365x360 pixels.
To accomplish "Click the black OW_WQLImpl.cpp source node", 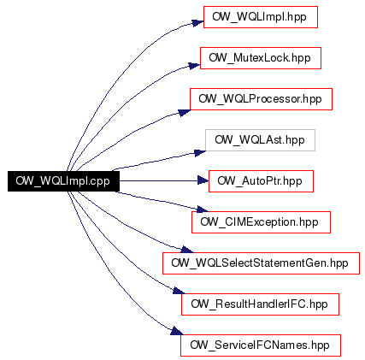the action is click(63, 181).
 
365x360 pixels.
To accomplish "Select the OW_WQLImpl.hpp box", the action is click(261, 17).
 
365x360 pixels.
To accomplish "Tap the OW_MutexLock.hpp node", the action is click(261, 58).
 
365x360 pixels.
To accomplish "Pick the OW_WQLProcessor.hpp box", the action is click(261, 99).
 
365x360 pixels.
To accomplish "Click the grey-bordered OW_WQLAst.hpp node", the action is click(260, 140).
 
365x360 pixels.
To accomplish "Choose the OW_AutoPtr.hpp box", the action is click(261, 181).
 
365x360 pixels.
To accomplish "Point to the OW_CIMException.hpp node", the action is click(261, 222).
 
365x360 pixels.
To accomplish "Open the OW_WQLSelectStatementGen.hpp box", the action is click(261, 263).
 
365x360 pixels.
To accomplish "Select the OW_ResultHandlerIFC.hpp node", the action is click(260, 304).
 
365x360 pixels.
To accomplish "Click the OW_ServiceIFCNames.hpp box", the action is click(261, 345).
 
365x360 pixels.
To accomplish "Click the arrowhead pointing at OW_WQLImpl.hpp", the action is click(197, 23).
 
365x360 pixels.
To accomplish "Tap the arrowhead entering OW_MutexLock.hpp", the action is click(195, 65).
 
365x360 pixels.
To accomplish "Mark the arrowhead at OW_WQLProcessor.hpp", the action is click(185, 112).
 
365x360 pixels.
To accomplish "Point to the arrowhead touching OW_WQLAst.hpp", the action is click(200, 153).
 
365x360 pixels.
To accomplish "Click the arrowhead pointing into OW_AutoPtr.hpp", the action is click(203, 180).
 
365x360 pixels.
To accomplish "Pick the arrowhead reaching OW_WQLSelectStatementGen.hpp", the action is click(187, 250).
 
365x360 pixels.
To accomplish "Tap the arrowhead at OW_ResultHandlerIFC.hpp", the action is click(179, 291).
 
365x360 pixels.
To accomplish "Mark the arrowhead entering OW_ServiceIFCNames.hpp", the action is click(177, 331).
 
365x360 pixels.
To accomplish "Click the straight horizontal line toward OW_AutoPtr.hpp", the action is click(158, 180).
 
